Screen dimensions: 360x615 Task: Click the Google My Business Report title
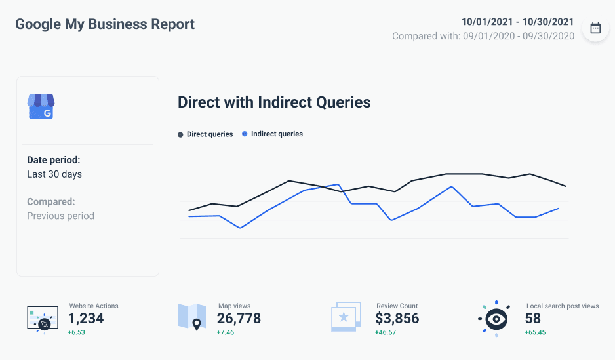pos(105,25)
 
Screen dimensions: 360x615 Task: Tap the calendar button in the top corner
pos(595,28)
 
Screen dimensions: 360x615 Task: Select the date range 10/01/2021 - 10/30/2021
pos(517,22)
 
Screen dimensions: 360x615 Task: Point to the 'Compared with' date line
pos(483,36)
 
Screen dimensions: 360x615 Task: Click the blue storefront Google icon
pos(41,106)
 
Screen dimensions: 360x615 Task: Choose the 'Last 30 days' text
pos(54,174)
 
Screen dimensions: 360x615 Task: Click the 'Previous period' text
pos(60,216)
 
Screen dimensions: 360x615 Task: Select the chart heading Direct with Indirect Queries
pos(274,102)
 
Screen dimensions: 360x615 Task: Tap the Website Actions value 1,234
pos(86,319)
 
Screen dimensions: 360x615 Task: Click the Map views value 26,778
pos(239,319)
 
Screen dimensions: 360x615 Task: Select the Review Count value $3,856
pos(397,319)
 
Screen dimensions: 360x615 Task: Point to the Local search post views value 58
pos(532,319)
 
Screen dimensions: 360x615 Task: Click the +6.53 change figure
pos(77,332)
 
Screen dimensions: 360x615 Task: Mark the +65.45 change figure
pos(535,332)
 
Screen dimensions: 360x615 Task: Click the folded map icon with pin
pos(192,317)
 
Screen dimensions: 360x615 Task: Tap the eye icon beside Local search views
pos(496,319)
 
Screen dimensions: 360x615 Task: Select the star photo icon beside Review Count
pos(346,317)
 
